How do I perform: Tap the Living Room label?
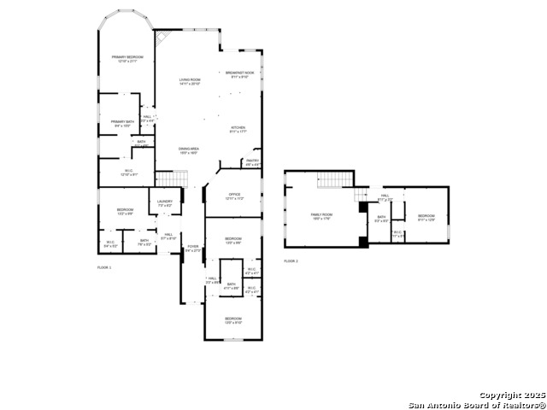point(190,81)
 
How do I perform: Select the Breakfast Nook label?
point(239,74)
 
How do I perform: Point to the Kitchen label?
point(238,130)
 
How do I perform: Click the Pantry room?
point(252,161)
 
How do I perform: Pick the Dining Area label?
point(188,151)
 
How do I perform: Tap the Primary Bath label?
point(122,123)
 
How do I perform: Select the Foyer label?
point(193,249)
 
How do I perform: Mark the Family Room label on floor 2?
point(321,215)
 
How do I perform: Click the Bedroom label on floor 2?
point(426,218)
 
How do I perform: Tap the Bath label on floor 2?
point(382,219)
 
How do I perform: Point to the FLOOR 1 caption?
point(104,267)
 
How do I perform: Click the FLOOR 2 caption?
point(291,261)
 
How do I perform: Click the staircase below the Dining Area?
point(171,179)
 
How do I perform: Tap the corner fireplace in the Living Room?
point(162,38)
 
